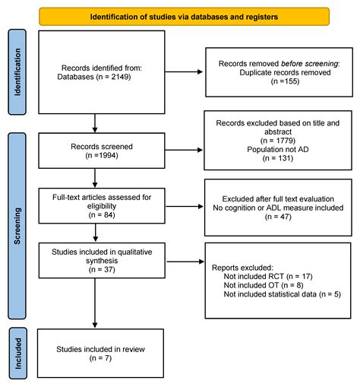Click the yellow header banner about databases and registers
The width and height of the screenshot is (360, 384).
point(184,17)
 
